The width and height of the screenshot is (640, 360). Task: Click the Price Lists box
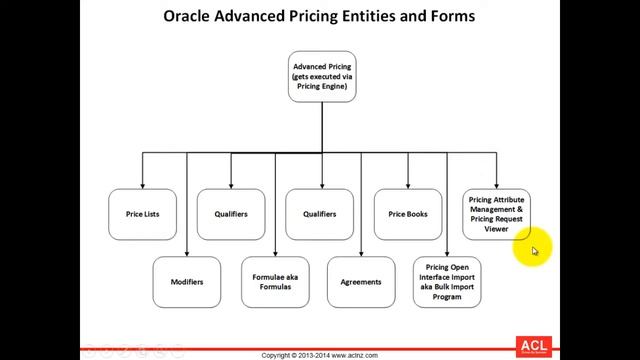tap(143, 214)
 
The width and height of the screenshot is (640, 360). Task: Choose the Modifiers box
tap(187, 282)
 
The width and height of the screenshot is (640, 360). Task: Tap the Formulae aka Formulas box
tap(274, 282)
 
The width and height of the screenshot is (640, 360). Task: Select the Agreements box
tap(361, 282)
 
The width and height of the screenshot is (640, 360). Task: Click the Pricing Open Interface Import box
tap(448, 282)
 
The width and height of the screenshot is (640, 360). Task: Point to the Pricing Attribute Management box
tap(496, 214)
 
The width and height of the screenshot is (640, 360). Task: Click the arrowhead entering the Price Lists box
tap(143, 186)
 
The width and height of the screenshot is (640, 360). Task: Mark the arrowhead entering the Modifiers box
tap(187, 254)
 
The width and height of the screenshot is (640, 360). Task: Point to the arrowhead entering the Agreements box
tap(361, 254)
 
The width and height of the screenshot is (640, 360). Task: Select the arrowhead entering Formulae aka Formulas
tap(274, 254)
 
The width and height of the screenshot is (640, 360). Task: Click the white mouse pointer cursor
tap(535, 252)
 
